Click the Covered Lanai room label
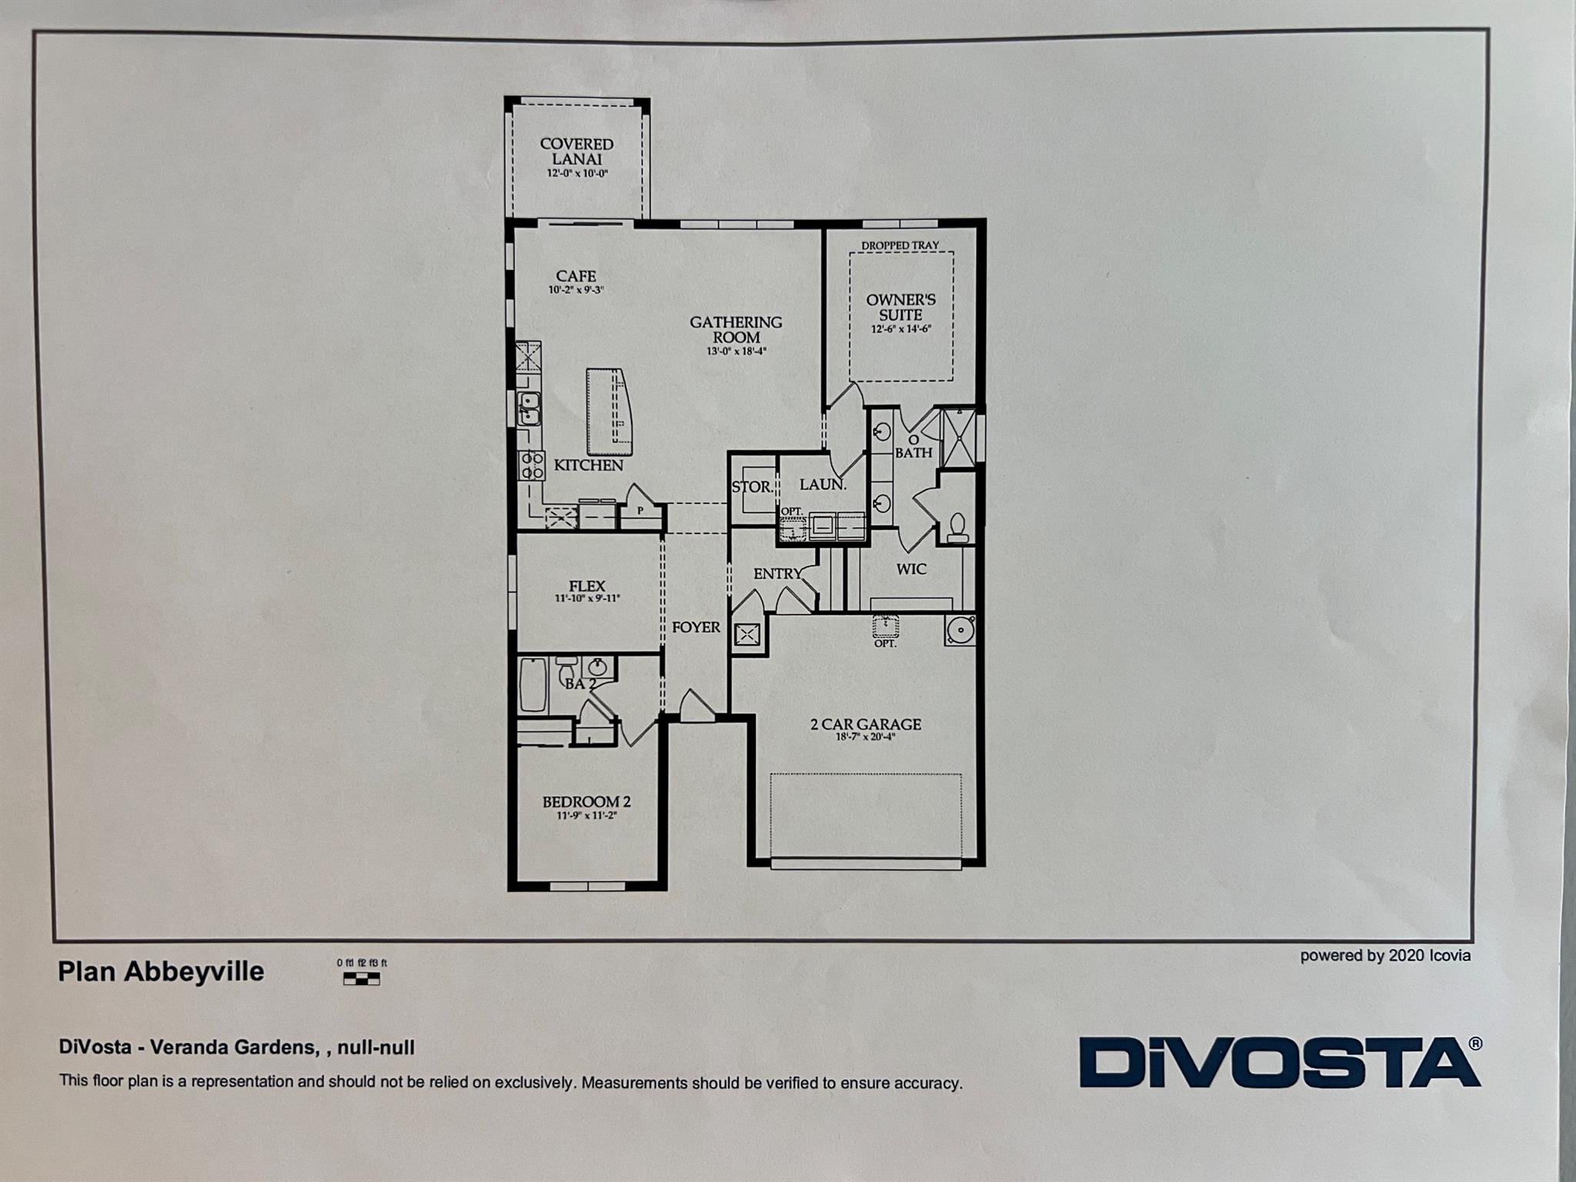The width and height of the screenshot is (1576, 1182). (x=576, y=152)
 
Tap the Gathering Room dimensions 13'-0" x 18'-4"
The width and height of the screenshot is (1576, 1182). (x=737, y=352)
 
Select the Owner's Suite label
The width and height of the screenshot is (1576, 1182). (x=900, y=307)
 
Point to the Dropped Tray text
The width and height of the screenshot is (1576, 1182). (x=900, y=245)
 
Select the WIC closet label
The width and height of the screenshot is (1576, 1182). (x=911, y=569)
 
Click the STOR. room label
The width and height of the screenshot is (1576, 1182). (x=752, y=487)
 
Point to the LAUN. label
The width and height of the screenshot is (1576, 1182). (x=823, y=485)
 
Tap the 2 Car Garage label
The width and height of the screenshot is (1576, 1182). (x=866, y=724)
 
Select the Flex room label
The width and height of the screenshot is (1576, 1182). (x=587, y=586)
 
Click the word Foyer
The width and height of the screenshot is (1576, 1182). (x=696, y=627)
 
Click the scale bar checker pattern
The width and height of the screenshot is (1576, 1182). (x=361, y=979)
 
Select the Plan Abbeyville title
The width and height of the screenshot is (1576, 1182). (x=161, y=972)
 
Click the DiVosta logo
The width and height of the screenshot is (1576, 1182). (x=1279, y=1063)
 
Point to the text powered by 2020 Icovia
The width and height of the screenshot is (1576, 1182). (x=1385, y=956)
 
